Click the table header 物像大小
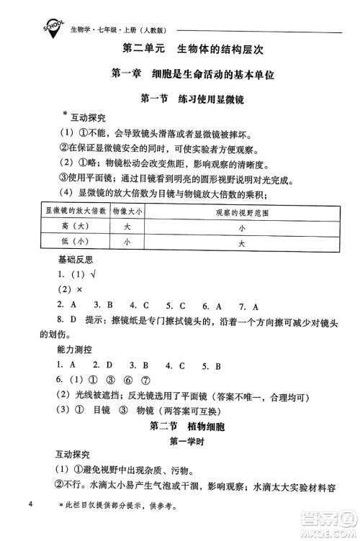[127, 211]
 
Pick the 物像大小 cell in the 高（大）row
[127, 227]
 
